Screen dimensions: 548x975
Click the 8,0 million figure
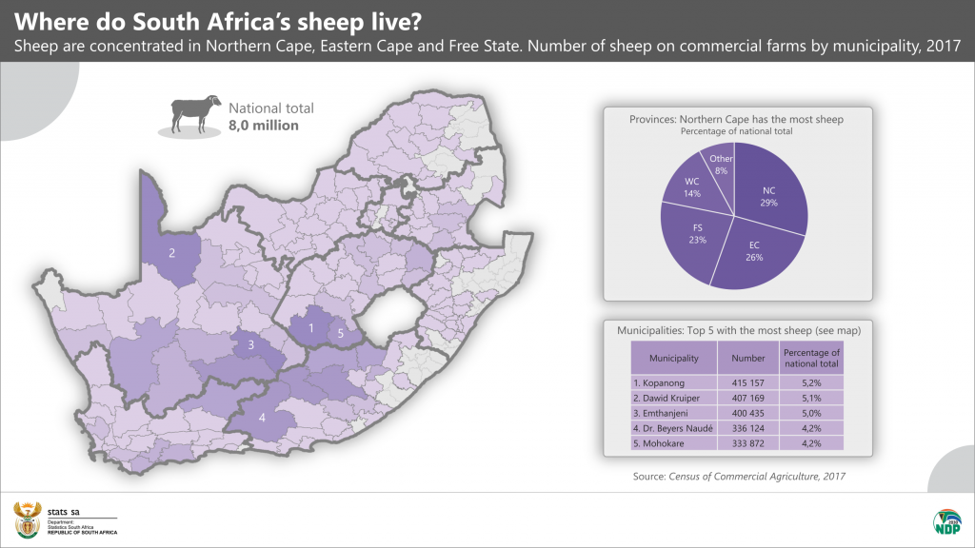tap(264, 125)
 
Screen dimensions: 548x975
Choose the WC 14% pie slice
tap(691, 186)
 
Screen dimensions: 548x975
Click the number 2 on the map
tap(172, 253)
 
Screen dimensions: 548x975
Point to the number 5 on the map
tap(340, 334)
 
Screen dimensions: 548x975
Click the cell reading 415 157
tap(748, 382)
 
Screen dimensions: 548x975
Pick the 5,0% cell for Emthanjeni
tap(811, 413)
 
